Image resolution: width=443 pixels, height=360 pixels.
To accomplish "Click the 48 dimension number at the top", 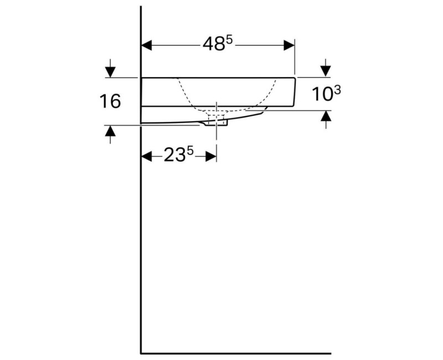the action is pos(214,45).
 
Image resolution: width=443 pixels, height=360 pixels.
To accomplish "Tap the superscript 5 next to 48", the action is pos(229,40).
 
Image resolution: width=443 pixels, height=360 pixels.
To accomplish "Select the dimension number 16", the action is pos(110,101).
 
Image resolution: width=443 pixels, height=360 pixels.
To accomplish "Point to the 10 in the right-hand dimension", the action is pos(322,94).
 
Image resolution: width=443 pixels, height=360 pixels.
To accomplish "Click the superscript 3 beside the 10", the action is pos(337,90).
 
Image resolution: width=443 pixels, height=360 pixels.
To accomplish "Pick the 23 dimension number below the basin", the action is pos(174,156).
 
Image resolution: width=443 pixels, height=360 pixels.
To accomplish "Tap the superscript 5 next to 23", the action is pos(190,151).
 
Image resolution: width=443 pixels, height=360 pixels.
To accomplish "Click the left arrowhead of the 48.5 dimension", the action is pos(146,45).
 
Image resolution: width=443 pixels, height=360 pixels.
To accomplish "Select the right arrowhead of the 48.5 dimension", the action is pos(289,45).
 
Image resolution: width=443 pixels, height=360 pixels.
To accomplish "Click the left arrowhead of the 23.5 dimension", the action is pos(146,156).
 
